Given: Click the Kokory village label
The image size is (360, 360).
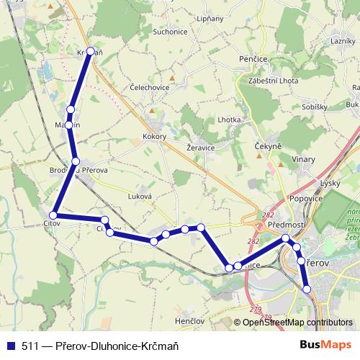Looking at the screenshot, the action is click(155, 136).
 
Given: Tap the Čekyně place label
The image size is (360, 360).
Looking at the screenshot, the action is click(267, 146).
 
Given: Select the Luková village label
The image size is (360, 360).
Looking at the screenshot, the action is click(139, 195).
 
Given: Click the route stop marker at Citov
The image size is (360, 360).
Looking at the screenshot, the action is click(53, 215).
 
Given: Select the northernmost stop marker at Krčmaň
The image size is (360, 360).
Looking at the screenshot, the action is click(90, 51).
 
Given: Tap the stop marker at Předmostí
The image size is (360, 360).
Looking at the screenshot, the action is click(286, 238).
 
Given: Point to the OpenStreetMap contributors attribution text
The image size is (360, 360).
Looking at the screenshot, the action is click(297, 323).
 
